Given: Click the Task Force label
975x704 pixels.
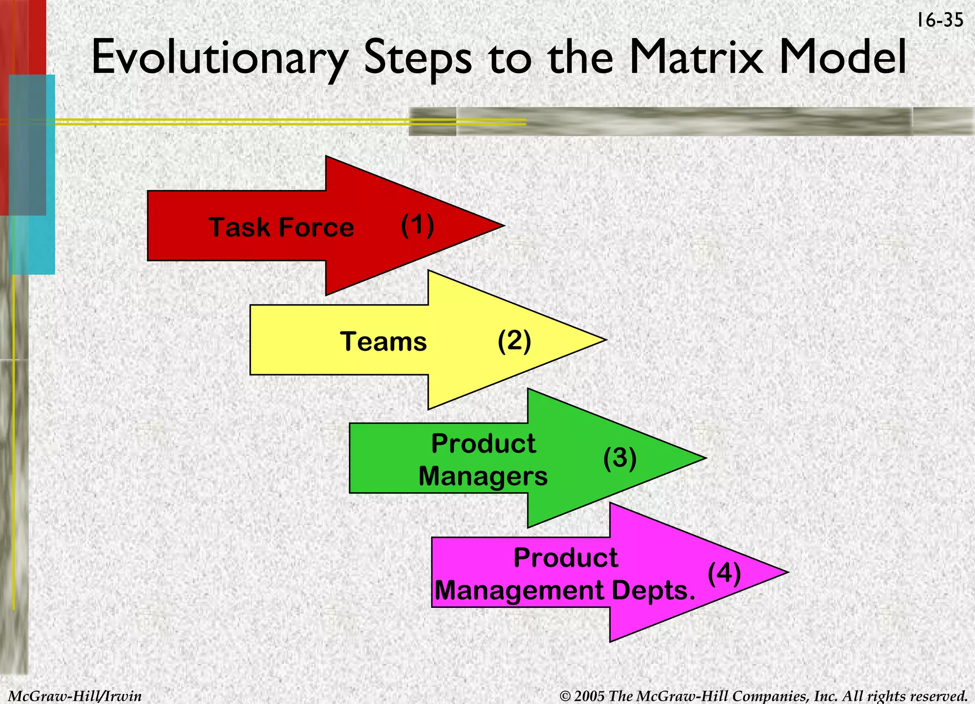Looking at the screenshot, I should click(281, 227).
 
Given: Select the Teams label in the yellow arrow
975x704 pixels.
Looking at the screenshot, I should click(383, 341).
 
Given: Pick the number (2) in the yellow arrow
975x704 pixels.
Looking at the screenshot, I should click(514, 341).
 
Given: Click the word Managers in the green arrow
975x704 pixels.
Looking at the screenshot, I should click(483, 476).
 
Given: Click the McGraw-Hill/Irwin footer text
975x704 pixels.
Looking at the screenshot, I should click(75, 696).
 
